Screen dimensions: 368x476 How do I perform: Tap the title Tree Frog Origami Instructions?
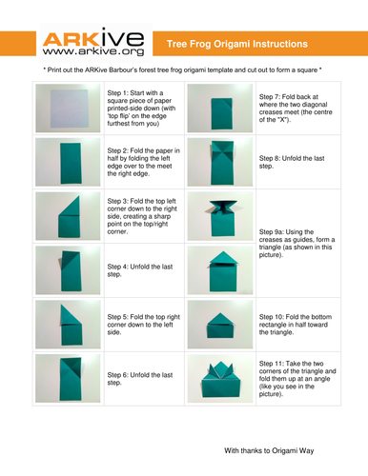(237, 44)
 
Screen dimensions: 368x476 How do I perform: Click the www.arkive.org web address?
(93, 51)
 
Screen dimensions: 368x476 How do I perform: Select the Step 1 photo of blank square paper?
(68, 109)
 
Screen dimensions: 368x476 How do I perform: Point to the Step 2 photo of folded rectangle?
(68, 162)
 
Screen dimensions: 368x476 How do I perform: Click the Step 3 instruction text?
(142, 216)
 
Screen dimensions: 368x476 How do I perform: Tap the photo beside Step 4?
(68, 270)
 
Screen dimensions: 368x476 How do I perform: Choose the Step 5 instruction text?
(144, 325)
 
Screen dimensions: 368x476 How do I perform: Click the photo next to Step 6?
(68, 379)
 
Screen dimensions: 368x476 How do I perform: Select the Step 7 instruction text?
(296, 109)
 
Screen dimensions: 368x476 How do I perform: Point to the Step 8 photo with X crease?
(220, 162)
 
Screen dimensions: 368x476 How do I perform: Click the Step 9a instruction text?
(296, 244)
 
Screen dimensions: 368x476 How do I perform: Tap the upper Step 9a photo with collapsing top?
(220, 216)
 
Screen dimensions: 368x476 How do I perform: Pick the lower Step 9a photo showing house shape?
(220, 270)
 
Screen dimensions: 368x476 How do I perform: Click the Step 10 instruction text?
(296, 325)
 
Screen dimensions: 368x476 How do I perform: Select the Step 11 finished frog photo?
(220, 379)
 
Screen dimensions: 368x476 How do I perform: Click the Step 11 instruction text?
(297, 379)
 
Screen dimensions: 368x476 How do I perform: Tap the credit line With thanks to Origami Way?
(269, 450)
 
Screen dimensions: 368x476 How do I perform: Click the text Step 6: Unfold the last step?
(140, 379)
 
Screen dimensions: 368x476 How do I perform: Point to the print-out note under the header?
(182, 69)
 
